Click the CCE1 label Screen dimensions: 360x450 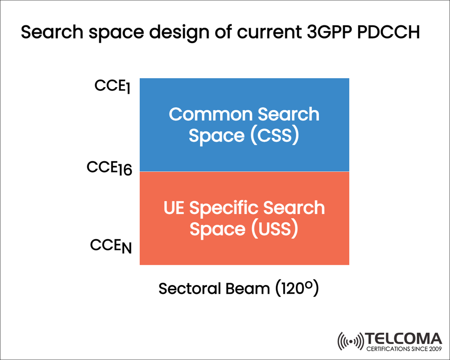[x=113, y=87]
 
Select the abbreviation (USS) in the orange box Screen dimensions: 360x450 [x=274, y=229]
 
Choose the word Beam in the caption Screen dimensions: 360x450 [x=247, y=288]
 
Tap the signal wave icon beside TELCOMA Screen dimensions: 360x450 [x=351, y=341]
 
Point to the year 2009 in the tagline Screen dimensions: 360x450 [x=433, y=349]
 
